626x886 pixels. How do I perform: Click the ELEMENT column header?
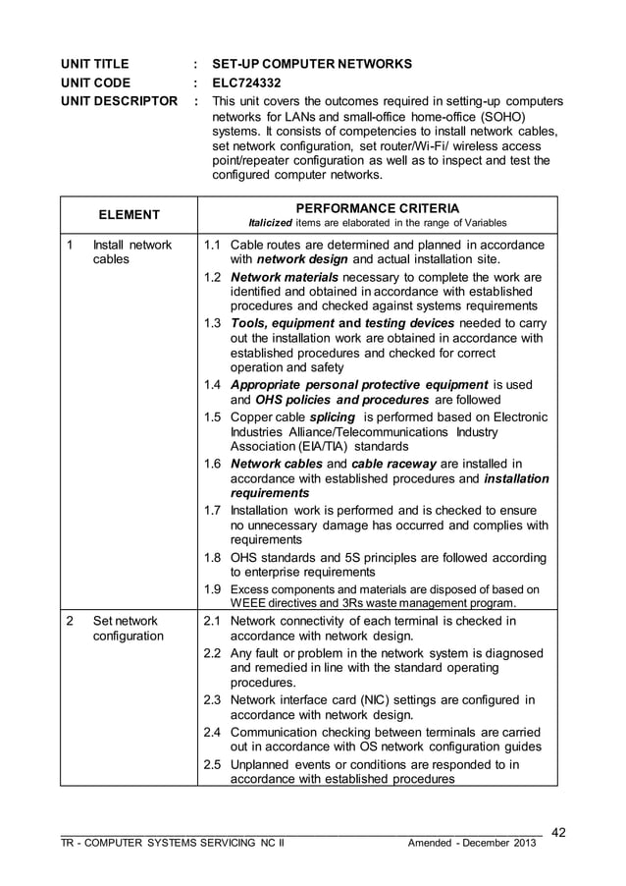click(x=129, y=214)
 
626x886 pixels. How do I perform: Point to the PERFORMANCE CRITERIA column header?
click(x=377, y=209)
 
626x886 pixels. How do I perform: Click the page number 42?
click(x=558, y=833)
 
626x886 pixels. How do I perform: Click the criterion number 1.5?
click(x=212, y=416)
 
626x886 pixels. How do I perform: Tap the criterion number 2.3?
click(x=212, y=700)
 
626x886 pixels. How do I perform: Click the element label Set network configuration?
click(x=128, y=629)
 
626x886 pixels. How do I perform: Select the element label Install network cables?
click(x=131, y=252)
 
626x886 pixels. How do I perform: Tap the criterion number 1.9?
click(x=212, y=589)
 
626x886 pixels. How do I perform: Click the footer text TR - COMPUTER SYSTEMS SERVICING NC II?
click(x=172, y=844)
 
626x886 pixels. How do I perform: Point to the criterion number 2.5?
click(x=212, y=765)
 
